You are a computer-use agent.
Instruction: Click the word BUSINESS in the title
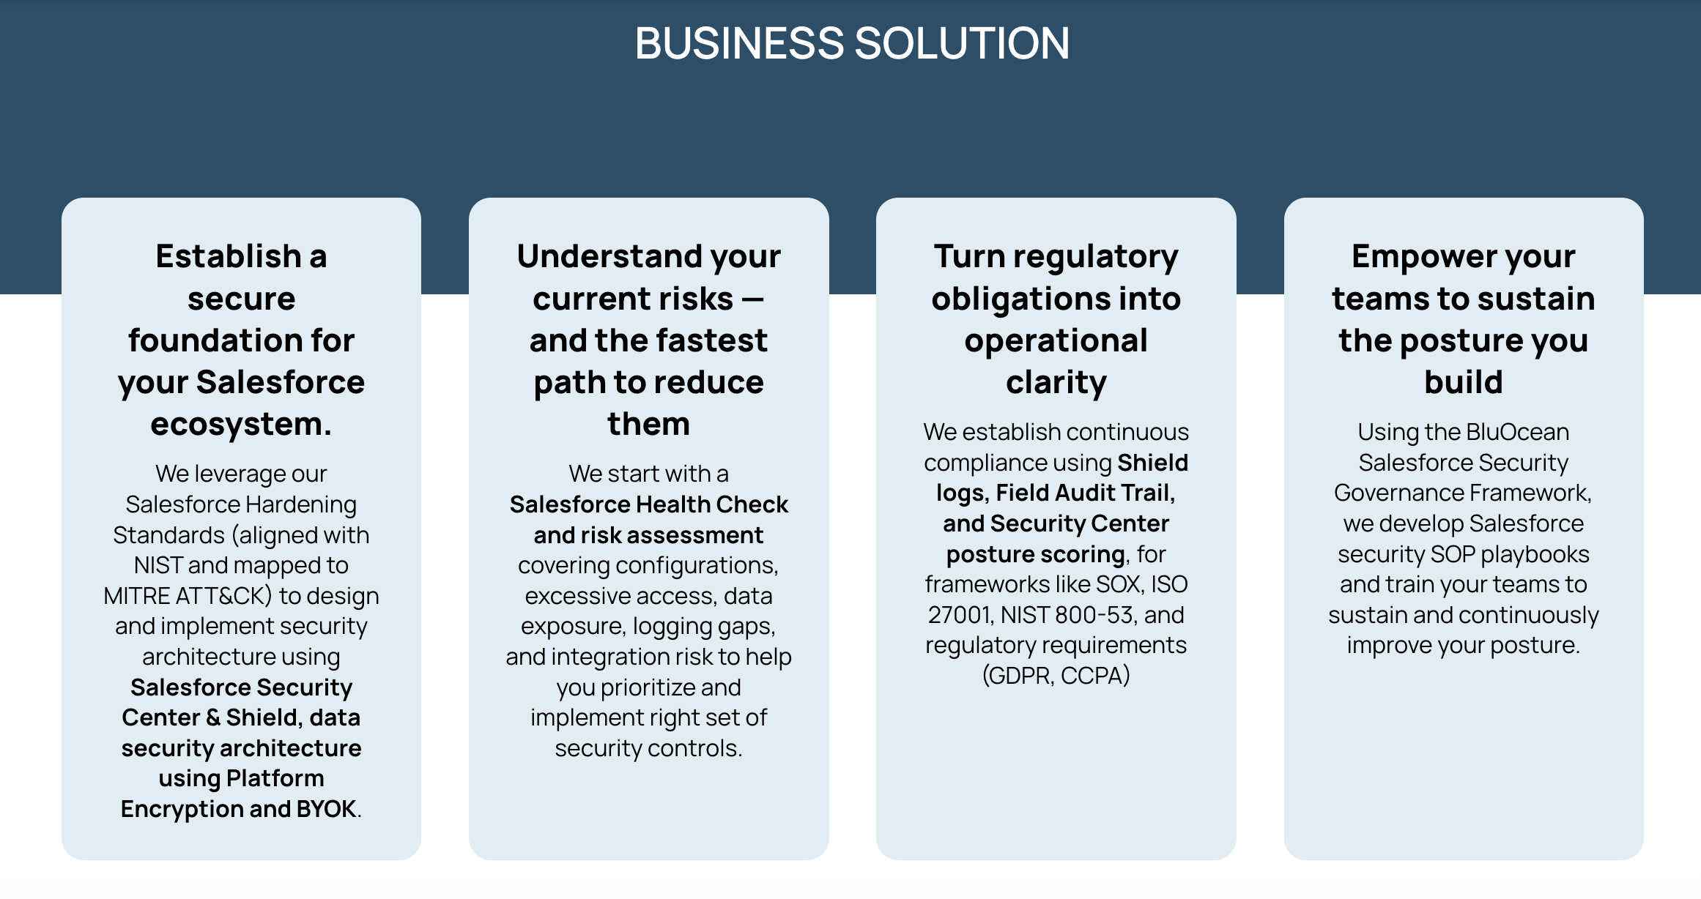pos(740,43)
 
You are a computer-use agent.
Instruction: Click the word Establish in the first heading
pos(229,256)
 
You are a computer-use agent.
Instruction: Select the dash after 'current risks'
pos(753,299)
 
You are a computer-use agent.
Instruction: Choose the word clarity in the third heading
pos(1056,383)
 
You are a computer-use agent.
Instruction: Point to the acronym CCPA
pos(1094,676)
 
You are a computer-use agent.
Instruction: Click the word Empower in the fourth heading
pos(1415,257)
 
